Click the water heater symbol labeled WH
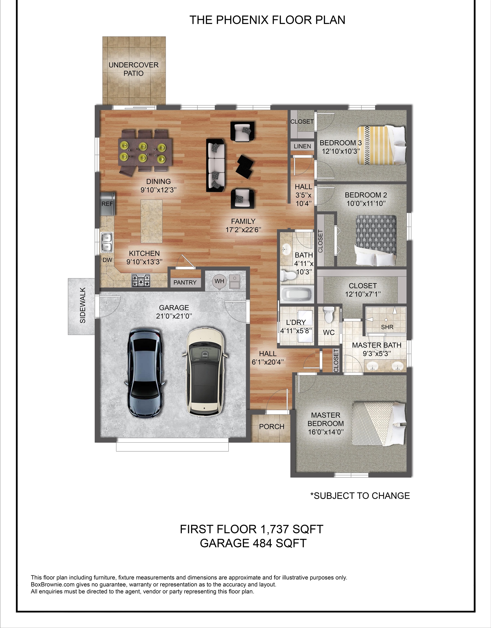click(219, 281)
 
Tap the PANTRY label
click(185, 283)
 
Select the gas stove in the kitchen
click(141, 281)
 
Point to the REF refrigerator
click(108, 204)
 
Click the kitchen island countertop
click(151, 221)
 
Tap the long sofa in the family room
click(216, 165)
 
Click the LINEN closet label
click(302, 146)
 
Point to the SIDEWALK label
click(83, 305)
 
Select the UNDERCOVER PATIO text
click(134, 69)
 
